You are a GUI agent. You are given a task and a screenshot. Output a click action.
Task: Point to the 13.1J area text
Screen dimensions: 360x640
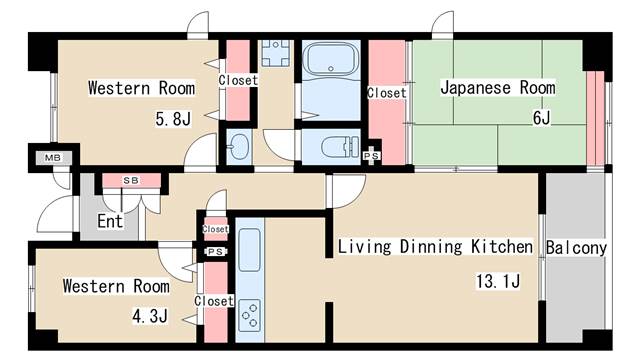point(497,281)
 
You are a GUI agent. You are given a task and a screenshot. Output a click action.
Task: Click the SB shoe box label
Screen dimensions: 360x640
point(130,181)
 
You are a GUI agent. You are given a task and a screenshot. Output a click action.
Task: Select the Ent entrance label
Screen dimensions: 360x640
point(110,221)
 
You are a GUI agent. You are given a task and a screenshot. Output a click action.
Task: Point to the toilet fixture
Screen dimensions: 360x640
point(335,147)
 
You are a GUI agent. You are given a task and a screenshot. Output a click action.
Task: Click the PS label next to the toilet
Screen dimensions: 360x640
point(371,156)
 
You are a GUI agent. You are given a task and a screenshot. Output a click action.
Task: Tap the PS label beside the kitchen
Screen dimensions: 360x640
point(214,252)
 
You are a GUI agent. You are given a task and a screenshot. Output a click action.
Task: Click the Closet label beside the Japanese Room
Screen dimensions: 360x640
point(386,93)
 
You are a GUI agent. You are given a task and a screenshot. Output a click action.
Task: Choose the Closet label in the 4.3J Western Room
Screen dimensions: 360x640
point(214,301)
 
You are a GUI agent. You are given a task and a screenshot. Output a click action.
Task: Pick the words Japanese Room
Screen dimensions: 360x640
point(497,88)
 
